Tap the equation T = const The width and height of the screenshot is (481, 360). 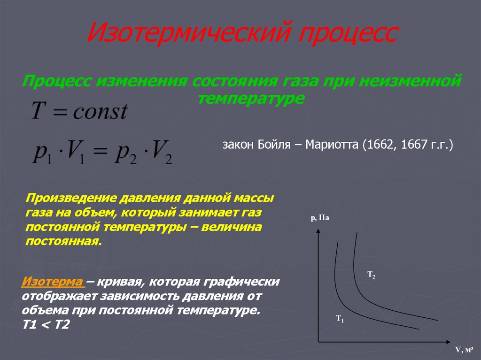pyautogui.click(x=79, y=111)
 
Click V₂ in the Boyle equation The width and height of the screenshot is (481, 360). pyautogui.click(x=161, y=153)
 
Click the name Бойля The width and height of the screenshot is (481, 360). pyautogui.click(x=275, y=145)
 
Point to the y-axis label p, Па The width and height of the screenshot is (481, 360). pyautogui.click(x=319, y=217)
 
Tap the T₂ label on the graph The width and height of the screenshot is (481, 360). pyautogui.click(x=371, y=275)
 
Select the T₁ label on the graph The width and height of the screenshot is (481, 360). pyautogui.click(x=340, y=319)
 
